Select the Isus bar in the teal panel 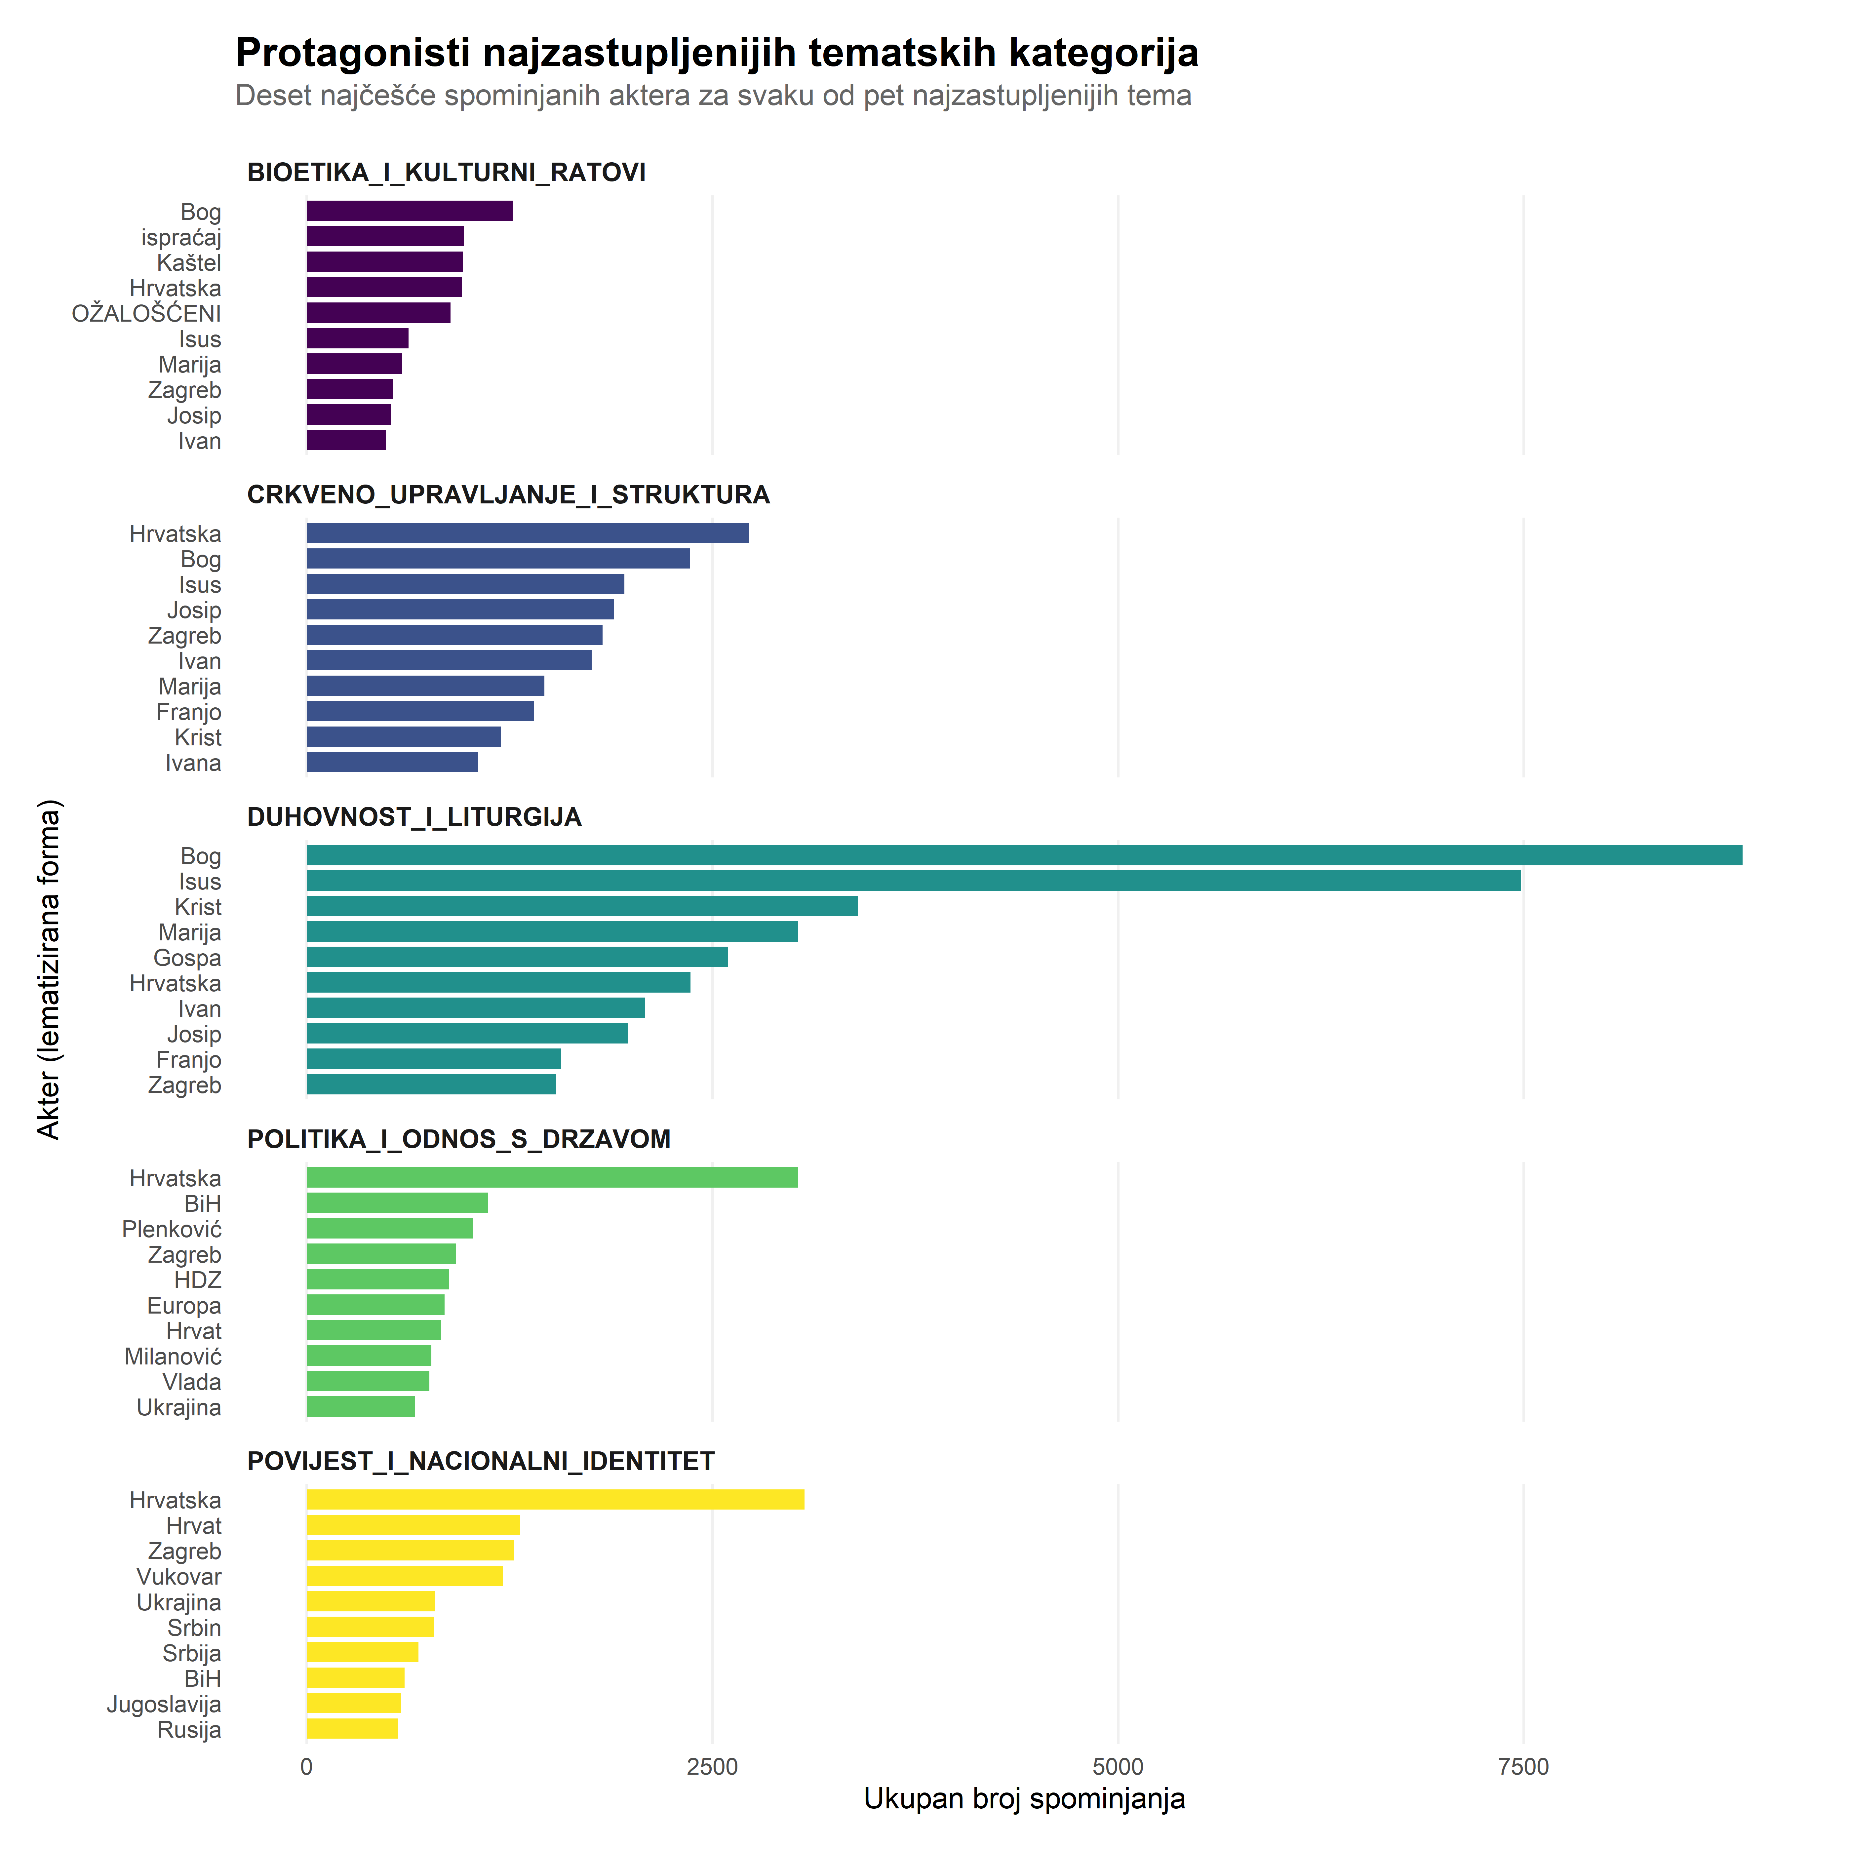(x=913, y=881)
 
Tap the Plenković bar (x=389, y=1228)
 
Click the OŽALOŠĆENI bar (x=377, y=312)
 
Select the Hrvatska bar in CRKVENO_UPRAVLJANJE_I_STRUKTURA (x=527, y=533)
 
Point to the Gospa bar (x=516, y=957)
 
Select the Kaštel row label (x=189, y=262)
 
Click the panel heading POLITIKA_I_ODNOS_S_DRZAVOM (x=458, y=1139)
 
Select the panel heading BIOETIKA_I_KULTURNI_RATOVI (x=446, y=173)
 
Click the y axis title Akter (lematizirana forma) (x=48, y=969)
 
